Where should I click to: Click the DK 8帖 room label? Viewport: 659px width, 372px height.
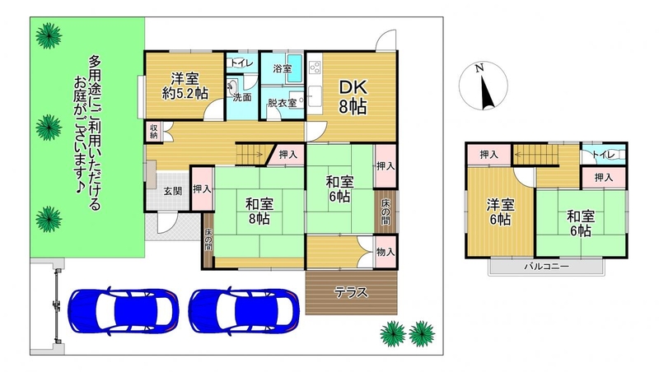pos(353,97)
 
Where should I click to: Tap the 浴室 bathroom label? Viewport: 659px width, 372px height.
pos(283,68)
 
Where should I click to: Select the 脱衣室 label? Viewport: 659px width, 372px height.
pos(282,103)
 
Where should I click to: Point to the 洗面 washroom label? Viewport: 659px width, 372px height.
pos(242,97)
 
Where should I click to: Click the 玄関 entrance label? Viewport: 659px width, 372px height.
pos(173,192)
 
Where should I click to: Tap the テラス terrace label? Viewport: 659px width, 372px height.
pos(351,293)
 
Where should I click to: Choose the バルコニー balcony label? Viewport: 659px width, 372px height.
pos(546,267)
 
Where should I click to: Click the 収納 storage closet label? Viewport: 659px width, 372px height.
pos(154,131)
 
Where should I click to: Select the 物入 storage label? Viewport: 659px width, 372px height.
pos(386,252)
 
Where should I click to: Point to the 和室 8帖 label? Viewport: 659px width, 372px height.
pos(259,212)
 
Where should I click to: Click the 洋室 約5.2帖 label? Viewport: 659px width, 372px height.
pos(185,86)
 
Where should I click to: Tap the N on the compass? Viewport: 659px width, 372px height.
pos(479,67)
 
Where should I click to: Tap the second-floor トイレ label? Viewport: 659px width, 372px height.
pos(604,155)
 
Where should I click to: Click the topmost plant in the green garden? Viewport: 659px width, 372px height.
pos(49,35)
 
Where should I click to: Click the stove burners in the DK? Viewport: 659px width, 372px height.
pos(315,67)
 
